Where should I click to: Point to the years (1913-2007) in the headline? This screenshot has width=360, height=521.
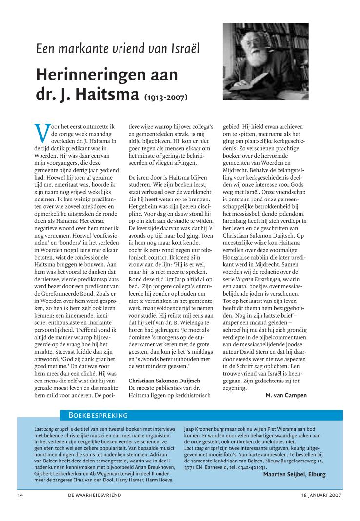click(166, 97)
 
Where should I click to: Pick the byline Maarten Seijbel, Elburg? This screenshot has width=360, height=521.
click(294, 474)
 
